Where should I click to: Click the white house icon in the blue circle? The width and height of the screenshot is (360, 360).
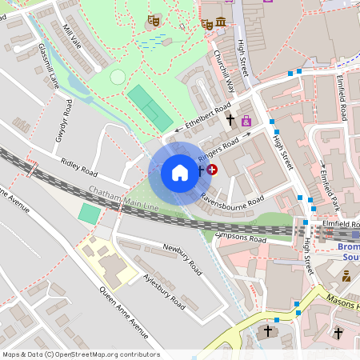(x=180, y=173)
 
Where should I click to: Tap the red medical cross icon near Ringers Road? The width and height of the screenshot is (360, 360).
(x=212, y=170)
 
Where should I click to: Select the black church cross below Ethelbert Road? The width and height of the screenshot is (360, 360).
(x=230, y=120)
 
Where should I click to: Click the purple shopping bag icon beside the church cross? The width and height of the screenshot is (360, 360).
(x=246, y=122)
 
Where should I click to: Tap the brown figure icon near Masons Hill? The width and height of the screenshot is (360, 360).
(x=346, y=276)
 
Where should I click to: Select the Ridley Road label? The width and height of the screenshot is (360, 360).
(x=78, y=167)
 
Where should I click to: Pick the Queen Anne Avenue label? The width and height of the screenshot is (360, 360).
(x=123, y=312)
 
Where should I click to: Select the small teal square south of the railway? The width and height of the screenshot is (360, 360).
(x=90, y=214)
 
